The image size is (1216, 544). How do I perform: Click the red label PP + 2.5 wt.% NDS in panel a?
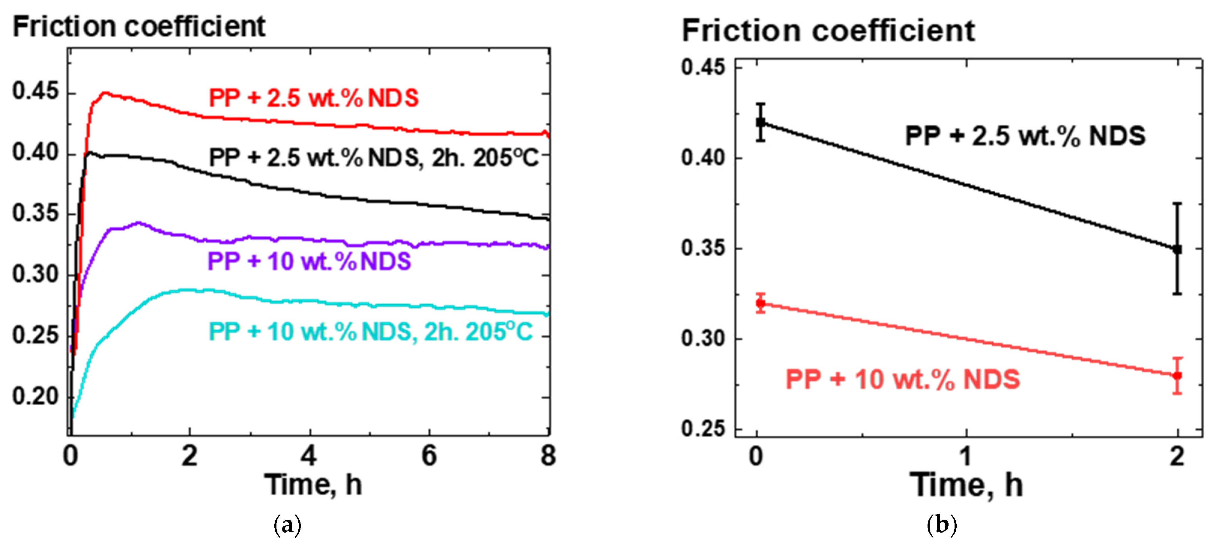[x=313, y=98]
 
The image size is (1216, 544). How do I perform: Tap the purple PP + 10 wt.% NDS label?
[x=309, y=261]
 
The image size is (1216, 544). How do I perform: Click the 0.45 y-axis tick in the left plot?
[x=35, y=91]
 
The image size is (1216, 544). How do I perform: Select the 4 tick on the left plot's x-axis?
[x=309, y=456]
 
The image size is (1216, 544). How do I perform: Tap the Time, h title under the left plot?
[x=313, y=485]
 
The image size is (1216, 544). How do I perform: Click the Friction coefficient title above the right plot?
[x=828, y=31]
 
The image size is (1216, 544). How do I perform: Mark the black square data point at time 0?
[x=760, y=122]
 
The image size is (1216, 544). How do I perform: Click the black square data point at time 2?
[x=1177, y=249]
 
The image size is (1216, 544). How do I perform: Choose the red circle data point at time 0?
[x=760, y=303]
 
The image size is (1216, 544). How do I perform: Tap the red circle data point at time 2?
[x=1177, y=376]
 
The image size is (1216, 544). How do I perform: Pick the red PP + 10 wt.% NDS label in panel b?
[x=903, y=379]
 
